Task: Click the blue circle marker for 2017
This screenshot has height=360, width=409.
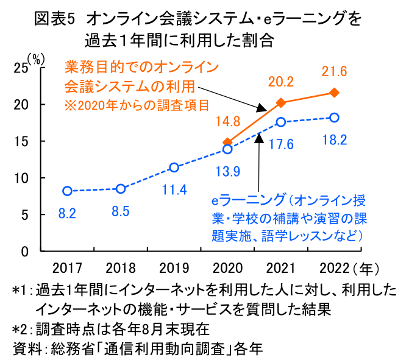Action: click(x=67, y=191)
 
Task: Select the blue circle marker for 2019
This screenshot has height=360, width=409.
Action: click(x=174, y=168)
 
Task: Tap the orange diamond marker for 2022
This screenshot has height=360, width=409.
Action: click(x=334, y=93)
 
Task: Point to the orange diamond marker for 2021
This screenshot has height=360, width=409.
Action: click(x=281, y=102)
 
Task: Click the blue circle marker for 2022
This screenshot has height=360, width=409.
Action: click(x=334, y=118)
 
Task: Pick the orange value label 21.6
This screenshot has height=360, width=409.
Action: click(x=334, y=72)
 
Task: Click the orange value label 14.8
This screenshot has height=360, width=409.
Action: click(x=228, y=121)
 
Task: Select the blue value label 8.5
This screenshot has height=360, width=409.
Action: click(x=121, y=213)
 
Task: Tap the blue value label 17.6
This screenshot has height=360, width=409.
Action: click(x=281, y=144)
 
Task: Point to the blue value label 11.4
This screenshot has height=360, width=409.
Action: click(x=174, y=189)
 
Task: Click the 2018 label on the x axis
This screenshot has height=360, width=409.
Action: click(x=121, y=267)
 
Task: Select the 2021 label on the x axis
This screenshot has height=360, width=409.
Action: click(x=281, y=267)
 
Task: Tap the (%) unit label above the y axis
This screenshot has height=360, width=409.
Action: click(x=36, y=59)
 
